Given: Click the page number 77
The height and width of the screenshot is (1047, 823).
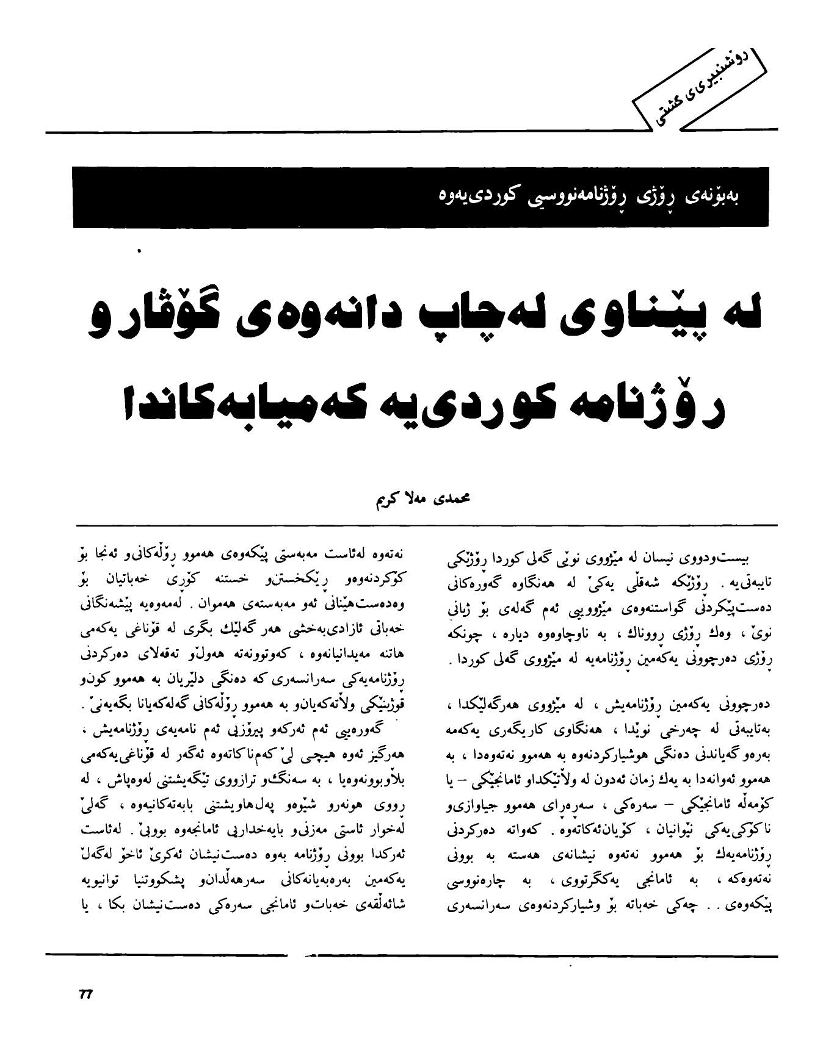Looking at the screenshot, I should tap(85, 994).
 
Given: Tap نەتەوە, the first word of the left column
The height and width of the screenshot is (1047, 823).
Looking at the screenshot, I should tap(388, 555).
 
